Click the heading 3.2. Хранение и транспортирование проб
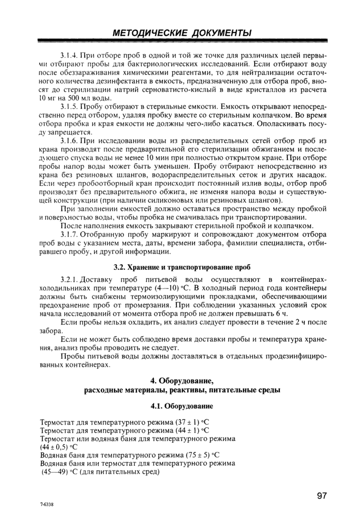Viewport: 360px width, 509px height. point(182,267)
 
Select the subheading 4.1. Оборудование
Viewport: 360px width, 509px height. point(182,406)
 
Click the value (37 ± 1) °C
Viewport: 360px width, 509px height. point(192,423)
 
